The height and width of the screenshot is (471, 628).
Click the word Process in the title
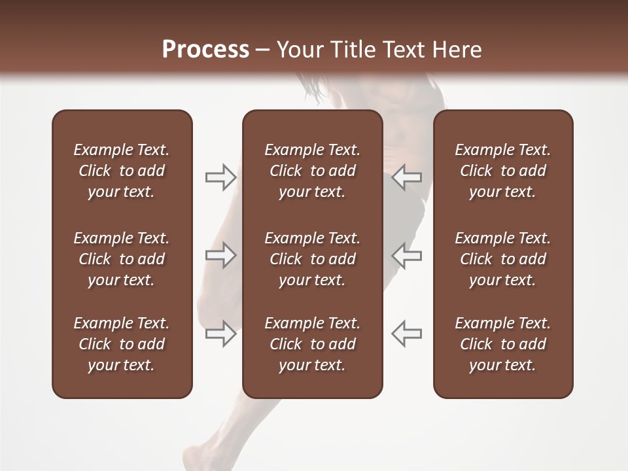pyautogui.click(x=205, y=50)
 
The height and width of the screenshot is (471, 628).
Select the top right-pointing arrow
pyautogui.click(x=220, y=177)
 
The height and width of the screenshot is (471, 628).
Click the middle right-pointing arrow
pyautogui.click(x=220, y=255)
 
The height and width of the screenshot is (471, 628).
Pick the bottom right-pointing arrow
pyautogui.click(x=220, y=334)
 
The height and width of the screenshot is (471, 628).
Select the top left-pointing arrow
pyautogui.click(x=407, y=177)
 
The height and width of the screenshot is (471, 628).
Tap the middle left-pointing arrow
pyautogui.click(x=407, y=255)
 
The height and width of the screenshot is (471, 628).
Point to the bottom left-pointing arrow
pyautogui.click(x=407, y=334)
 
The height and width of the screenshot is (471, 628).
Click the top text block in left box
pyautogui.click(x=122, y=171)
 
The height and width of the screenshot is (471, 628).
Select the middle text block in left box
pyautogui.click(x=122, y=259)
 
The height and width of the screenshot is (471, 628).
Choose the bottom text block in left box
pyautogui.click(x=122, y=344)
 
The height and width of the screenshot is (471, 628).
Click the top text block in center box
pyautogui.click(x=312, y=171)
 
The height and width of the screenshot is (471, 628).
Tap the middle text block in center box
pyautogui.click(x=312, y=259)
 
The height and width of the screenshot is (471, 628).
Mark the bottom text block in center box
pyautogui.click(x=312, y=344)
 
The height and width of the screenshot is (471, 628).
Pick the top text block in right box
pyautogui.click(x=502, y=171)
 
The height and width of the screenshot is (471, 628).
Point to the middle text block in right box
pyautogui.click(x=502, y=259)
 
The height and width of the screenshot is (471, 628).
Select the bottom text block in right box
pyautogui.click(x=502, y=344)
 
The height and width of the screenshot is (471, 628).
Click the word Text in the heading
pyautogui.click(x=401, y=50)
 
